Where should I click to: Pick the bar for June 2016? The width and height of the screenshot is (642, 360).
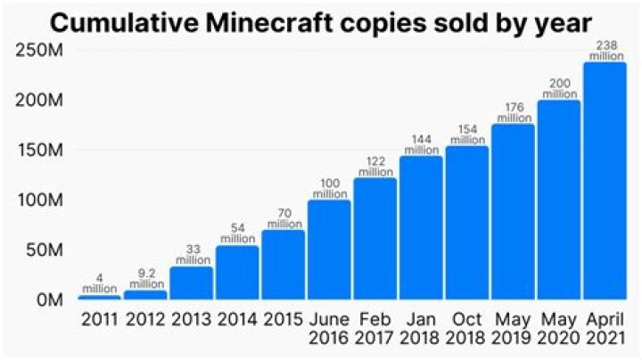tap(329, 250)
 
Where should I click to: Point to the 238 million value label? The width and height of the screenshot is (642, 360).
tap(606, 51)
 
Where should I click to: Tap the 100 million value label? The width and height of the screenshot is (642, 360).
tap(329, 188)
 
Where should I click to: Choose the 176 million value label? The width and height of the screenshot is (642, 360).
tap(514, 112)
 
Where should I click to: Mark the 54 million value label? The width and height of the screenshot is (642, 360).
tap(237, 233)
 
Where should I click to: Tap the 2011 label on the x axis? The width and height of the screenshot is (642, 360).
tap(99, 319)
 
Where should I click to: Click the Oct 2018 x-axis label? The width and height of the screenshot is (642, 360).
tap(467, 329)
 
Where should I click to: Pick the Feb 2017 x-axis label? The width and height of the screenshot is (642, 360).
tap(375, 329)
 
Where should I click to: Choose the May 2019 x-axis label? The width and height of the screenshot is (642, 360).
tap(514, 329)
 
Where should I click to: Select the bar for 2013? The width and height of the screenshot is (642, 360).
tap(191, 282)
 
